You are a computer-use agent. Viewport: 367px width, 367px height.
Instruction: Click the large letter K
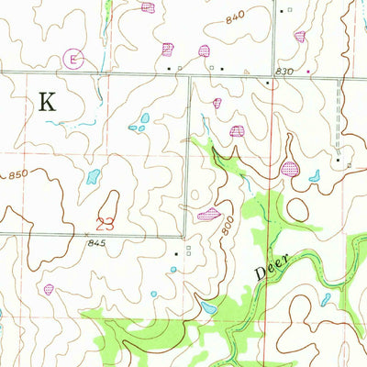point(46,102)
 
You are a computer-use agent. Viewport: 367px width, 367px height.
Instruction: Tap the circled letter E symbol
point(75,60)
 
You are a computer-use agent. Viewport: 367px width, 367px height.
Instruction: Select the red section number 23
point(105,222)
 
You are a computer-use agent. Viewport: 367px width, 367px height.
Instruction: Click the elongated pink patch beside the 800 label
point(208,215)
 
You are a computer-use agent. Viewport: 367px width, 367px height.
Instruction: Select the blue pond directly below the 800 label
point(210,309)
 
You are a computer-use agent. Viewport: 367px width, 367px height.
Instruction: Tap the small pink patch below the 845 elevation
point(49,288)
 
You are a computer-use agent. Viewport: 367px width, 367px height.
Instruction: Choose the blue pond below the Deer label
point(326,298)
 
